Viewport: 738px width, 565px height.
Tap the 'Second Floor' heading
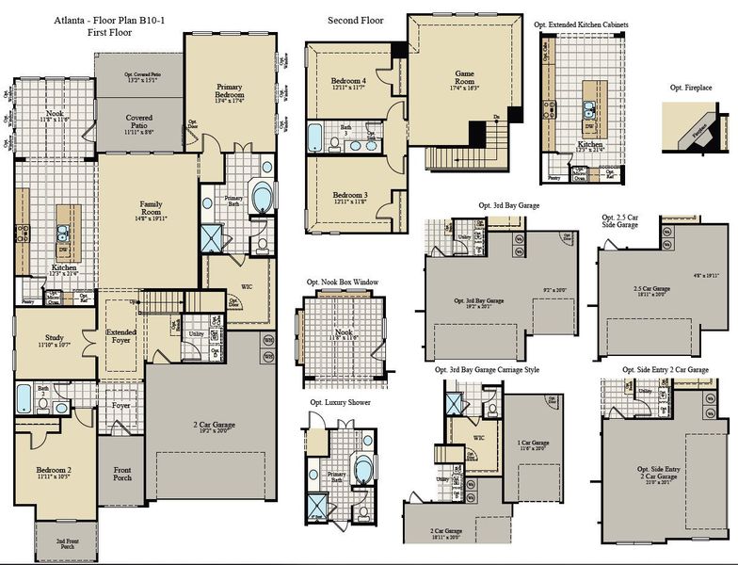pos(355,20)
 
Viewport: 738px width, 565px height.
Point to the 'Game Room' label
pos(464,77)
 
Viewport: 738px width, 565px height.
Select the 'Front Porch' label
pos(122,474)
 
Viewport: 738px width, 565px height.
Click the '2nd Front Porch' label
pos(65,544)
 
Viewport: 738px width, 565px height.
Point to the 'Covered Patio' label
pos(139,124)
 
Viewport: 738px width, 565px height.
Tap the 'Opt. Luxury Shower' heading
pos(340,402)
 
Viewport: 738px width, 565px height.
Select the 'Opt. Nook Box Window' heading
pos(342,282)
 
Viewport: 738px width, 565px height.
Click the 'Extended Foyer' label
pos(120,335)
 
